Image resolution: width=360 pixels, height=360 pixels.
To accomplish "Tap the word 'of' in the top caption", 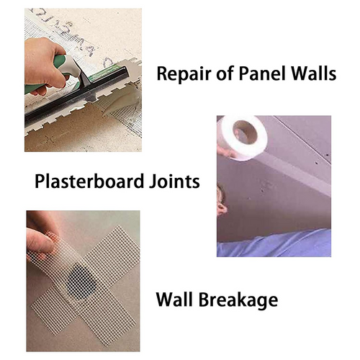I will [x=220, y=74].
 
